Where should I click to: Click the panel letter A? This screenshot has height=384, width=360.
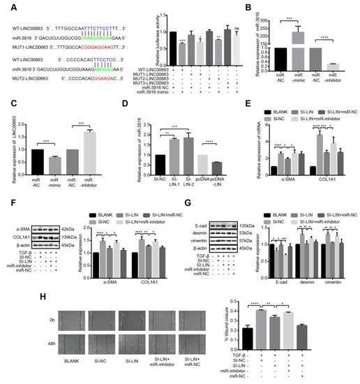pyautogui.click(x=7, y=6)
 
